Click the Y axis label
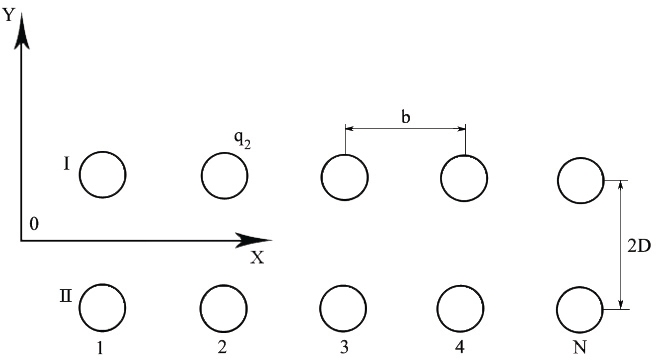click(8, 13)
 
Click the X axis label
click(257, 258)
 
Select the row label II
click(63, 297)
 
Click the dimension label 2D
click(639, 244)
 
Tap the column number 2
click(221, 347)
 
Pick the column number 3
click(344, 347)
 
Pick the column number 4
click(459, 347)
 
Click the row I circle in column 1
click(102, 175)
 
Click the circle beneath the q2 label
click(224, 176)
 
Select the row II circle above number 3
click(345, 308)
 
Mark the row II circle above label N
click(581, 308)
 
